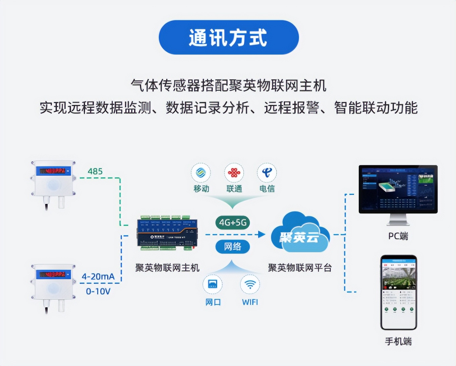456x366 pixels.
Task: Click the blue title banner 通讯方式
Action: coord(228,37)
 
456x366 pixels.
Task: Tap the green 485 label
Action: coord(95,171)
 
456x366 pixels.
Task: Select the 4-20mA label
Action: coord(98,277)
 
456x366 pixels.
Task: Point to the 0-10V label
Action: coord(98,291)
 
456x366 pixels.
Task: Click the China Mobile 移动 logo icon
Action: coord(201,173)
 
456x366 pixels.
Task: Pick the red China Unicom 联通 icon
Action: coord(234,173)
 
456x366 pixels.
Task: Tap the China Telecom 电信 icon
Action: coord(267,173)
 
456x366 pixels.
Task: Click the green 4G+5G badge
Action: coord(233,223)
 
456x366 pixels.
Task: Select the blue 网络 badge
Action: coord(233,247)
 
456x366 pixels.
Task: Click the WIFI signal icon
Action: coord(250,284)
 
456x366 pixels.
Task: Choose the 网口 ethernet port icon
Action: coord(213,284)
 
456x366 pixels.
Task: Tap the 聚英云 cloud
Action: coord(299,235)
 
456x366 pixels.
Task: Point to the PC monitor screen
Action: coord(398,189)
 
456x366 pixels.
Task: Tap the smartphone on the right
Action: coord(399,292)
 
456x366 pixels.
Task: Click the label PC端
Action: coord(398,236)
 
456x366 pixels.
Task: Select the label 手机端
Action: coord(398,342)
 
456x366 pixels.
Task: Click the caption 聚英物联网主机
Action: coord(167,268)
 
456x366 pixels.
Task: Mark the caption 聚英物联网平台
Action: coord(299,268)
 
